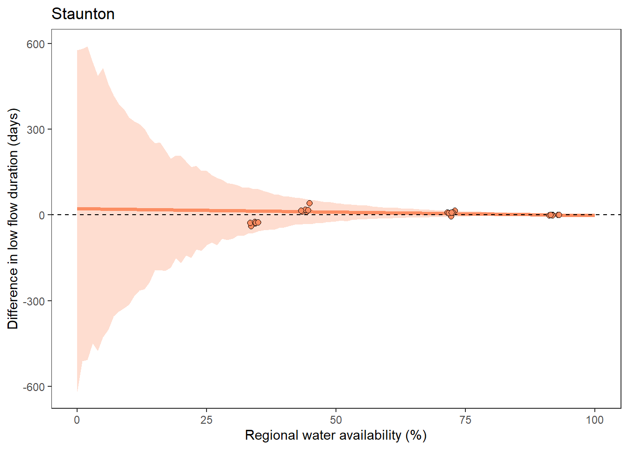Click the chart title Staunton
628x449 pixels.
(x=83, y=14)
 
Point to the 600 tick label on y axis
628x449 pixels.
(x=36, y=44)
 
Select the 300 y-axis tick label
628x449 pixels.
(x=36, y=130)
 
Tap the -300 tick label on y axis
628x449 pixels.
(x=34, y=301)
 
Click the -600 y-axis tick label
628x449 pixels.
(x=34, y=387)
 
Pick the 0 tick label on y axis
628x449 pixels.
(x=42, y=215)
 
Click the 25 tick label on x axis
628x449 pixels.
(x=206, y=420)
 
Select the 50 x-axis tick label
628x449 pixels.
(x=335, y=420)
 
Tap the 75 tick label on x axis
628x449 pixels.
(x=465, y=420)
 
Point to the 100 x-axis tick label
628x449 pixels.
(x=594, y=420)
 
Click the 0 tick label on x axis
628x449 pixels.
(x=77, y=420)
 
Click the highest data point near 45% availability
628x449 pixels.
(x=309, y=203)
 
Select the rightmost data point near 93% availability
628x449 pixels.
(x=558, y=215)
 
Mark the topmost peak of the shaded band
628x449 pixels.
(x=87, y=47)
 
